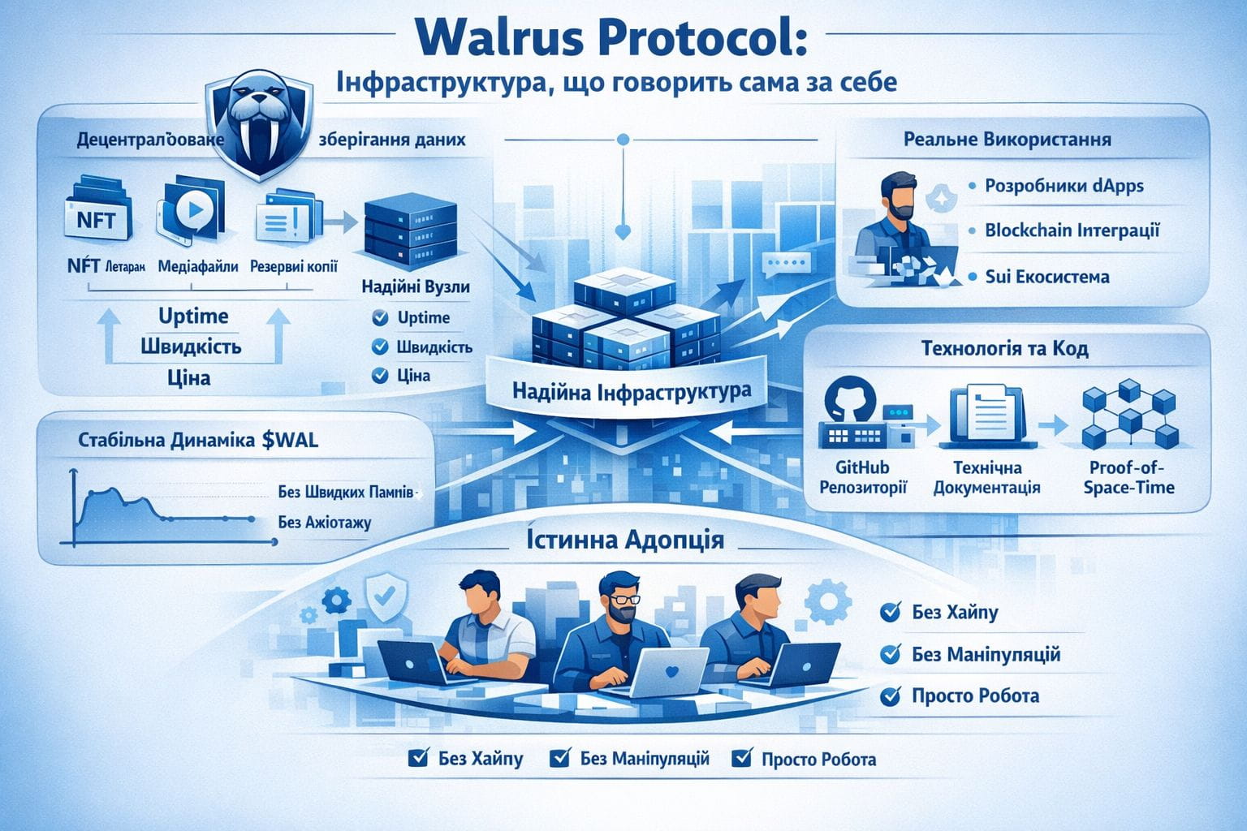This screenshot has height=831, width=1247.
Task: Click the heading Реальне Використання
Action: tap(1007, 140)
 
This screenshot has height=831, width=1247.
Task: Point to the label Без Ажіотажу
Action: tap(324, 522)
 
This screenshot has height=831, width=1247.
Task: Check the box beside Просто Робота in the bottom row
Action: tap(741, 759)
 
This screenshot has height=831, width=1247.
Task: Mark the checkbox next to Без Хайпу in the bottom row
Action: tap(418, 759)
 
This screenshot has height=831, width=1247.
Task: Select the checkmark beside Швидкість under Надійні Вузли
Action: tap(379, 347)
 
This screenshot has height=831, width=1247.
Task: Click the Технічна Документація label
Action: tap(987, 478)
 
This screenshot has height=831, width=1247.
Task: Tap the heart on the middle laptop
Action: tap(671, 672)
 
